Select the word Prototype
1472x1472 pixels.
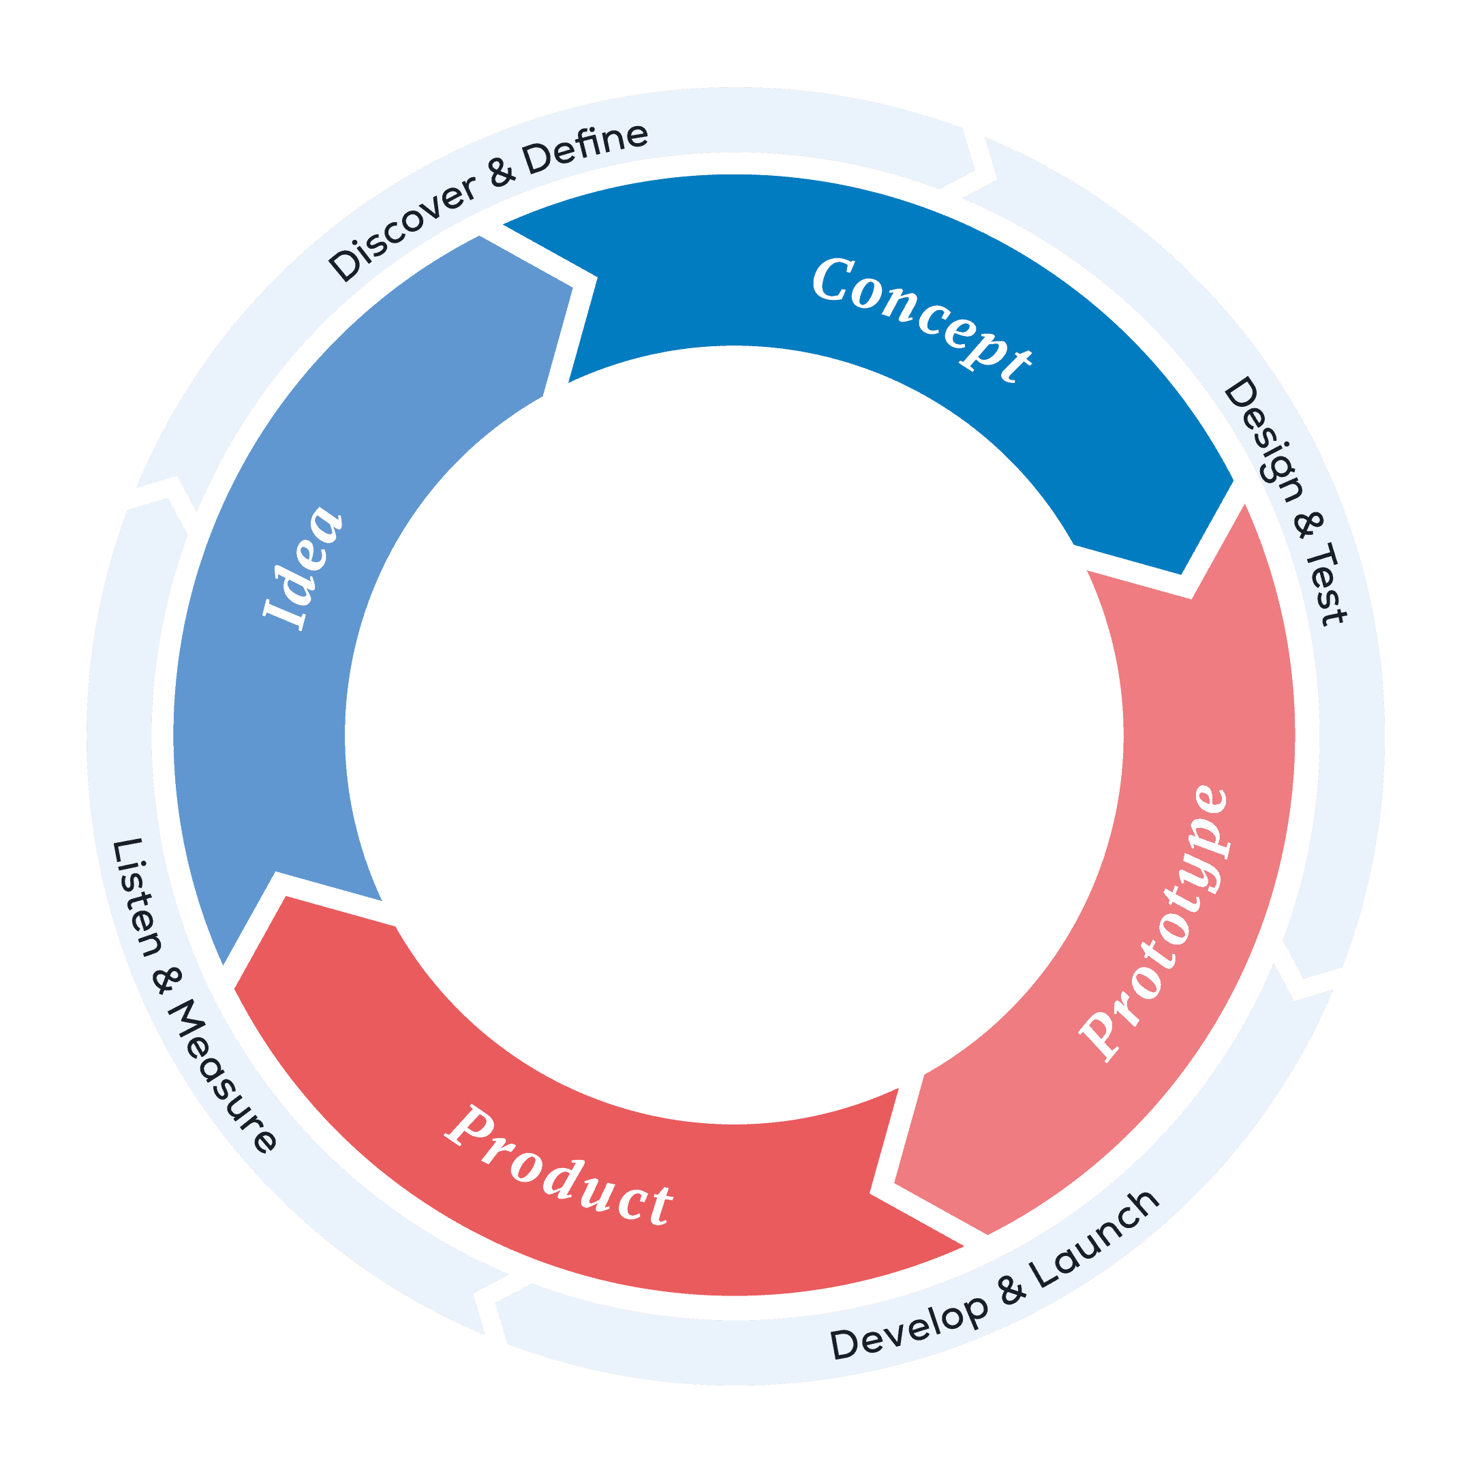1154,922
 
